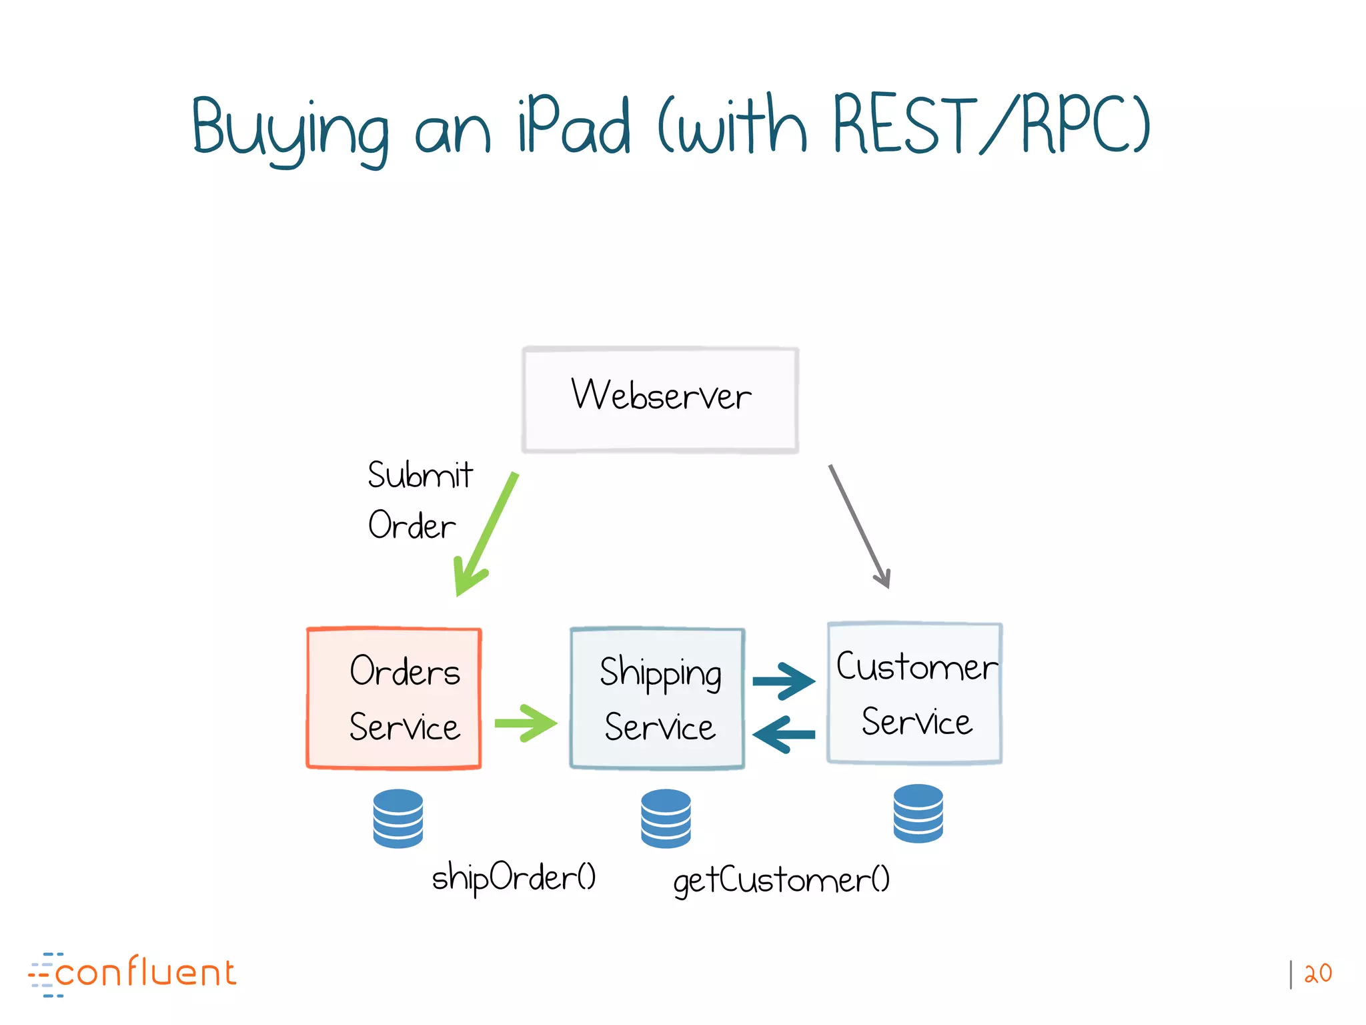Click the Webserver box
(660, 400)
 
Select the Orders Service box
(394, 698)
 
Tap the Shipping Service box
(657, 698)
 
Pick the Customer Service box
(914, 693)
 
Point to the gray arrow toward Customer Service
(859, 527)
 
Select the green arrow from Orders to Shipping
(526, 723)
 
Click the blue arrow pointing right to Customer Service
(784, 681)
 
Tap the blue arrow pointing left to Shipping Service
(784, 735)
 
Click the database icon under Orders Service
(398, 818)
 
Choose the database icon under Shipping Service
(666, 818)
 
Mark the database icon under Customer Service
(918, 813)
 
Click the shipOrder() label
(514, 877)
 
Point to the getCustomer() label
(781, 880)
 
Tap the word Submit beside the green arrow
(420, 475)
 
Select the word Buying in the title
(291, 129)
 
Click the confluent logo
(133, 974)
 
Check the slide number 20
(1317, 974)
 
